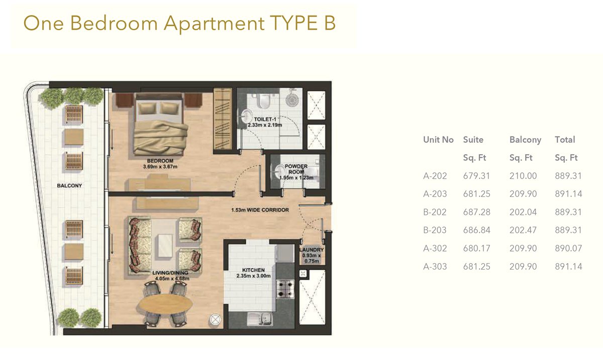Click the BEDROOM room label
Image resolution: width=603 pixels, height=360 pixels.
[160, 161]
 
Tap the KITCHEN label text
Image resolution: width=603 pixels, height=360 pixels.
[253, 270]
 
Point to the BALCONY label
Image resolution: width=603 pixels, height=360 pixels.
[69, 186]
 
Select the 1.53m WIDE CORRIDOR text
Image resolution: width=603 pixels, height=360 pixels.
[260, 210]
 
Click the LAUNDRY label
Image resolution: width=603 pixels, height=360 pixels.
[312, 250]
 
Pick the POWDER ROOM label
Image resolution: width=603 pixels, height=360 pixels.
[296, 169]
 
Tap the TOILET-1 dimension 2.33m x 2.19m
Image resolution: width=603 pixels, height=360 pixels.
[265, 125]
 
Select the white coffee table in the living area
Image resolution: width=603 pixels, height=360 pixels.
[165, 246]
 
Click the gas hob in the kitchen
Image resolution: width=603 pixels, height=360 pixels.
[285, 289]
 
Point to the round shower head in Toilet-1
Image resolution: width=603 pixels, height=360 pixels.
[292, 100]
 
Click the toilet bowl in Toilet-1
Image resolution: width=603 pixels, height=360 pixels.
[263, 101]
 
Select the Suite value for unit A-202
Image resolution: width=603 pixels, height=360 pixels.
[476, 176]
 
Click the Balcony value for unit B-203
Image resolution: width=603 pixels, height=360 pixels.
[523, 230]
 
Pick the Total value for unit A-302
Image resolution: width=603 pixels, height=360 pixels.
[568, 248]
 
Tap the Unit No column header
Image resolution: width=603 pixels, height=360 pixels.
[438, 140]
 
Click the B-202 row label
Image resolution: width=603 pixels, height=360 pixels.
[435, 212]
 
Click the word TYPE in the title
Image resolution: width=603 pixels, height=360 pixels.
[294, 23]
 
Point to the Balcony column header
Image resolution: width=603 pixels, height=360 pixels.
[525, 140]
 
